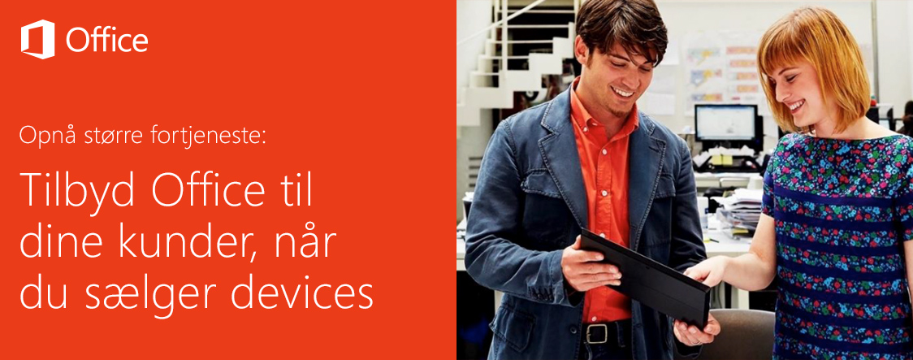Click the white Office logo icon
tap(38, 40)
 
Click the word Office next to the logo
tap(106, 41)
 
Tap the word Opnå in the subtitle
tap(40, 136)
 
